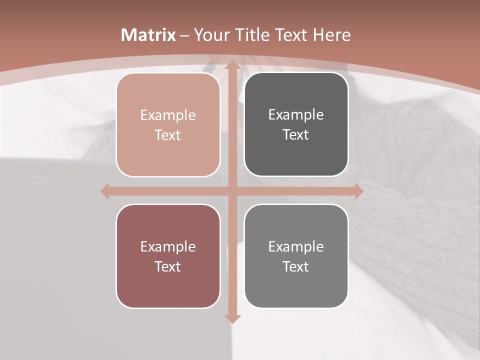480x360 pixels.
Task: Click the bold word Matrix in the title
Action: tap(148, 35)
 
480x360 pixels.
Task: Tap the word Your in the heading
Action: tap(209, 35)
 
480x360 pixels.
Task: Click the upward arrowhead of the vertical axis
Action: tap(232, 65)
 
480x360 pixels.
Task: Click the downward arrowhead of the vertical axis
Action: tap(232, 318)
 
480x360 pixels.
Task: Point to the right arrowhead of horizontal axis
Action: tap(359, 191)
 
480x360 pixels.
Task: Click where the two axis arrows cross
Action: tap(232, 191)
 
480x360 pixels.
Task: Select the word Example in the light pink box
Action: tap(168, 115)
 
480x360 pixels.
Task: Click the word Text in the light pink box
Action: tap(168, 135)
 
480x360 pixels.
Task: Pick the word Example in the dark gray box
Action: tap(296, 115)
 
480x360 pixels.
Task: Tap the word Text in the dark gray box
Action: tap(296, 134)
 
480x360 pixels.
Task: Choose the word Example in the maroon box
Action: tap(168, 247)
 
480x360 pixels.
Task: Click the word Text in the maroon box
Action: tap(168, 266)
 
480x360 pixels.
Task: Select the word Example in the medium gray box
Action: tap(296, 247)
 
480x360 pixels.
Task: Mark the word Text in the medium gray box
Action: tap(296, 266)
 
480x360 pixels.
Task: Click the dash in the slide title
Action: tap(184, 35)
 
